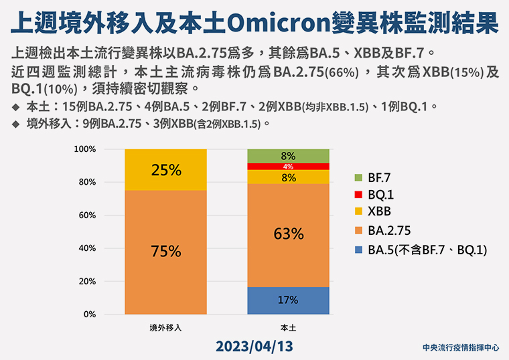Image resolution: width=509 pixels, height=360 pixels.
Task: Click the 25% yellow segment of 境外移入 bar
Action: [x=165, y=169]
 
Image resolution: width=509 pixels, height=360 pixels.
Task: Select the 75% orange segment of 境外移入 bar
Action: [x=165, y=252]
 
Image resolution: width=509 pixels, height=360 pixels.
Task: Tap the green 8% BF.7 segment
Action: [x=288, y=156]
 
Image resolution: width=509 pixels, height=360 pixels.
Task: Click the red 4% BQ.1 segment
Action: [x=288, y=167]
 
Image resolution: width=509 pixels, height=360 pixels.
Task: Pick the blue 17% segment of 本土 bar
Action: [x=288, y=300]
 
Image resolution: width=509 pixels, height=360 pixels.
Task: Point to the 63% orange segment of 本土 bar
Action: [x=288, y=235]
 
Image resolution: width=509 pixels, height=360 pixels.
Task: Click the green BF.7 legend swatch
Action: [x=358, y=178]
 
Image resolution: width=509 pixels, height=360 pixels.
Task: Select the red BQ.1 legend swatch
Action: [x=358, y=195]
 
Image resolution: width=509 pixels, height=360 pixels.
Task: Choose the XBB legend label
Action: [x=379, y=211]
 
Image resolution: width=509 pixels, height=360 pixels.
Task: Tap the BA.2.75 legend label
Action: [x=389, y=231]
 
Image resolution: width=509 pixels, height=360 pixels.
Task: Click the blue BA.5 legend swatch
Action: [x=358, y=250]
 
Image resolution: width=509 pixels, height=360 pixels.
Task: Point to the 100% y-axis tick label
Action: [x=85, y=149]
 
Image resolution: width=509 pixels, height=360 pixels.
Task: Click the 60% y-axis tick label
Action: [x=87, y=215]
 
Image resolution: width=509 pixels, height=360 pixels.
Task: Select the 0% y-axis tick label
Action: [x=90, y=314]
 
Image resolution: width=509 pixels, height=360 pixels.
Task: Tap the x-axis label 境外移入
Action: [x=165, y=328]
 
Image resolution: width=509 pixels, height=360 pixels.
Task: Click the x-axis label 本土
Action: [x=288, y=328]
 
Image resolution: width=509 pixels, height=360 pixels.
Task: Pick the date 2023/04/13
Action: [x=254, y=347]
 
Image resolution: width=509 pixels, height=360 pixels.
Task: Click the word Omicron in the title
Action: [x=279, y=23]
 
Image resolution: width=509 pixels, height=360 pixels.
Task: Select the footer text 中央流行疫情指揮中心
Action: [x=461, y=348]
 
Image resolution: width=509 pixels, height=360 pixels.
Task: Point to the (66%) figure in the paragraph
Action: [x=342, y=73]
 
